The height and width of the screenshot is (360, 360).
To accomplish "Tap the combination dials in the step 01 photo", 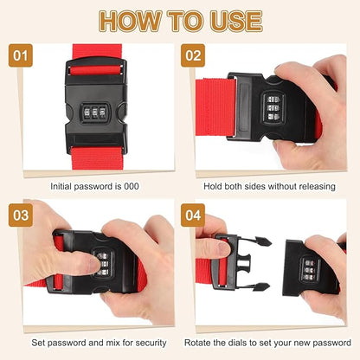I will point(93,112).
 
